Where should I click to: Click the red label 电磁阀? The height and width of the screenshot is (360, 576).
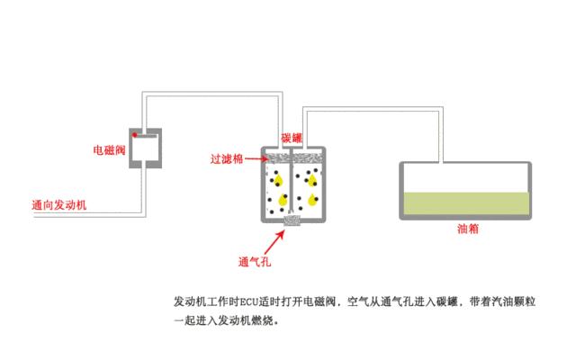pyautogui.click(x=109, y=150)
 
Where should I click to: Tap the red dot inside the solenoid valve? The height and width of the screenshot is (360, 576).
pyautogui.click(x=135, y=135)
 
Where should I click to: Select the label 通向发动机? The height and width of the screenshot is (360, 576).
pyautogui.click(x=59, y=205)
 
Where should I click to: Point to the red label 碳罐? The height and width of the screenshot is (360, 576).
pyautogui.click(x=292, y=138)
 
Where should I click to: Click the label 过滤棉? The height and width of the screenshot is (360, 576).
pyautogui.click(x=227, y=159)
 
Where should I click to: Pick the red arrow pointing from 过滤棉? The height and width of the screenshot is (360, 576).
pyautogui.click(x=256, y=159)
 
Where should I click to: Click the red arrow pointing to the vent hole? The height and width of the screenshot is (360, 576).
pyautogui.click(x=274, y=242)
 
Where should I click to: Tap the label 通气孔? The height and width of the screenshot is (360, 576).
pyautogui.click(x=255, y=262)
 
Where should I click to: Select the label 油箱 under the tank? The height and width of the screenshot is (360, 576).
pyautogui.click(x=468, y=229)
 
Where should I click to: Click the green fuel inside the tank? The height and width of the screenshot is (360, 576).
pyautogui.click(x=466, y=203)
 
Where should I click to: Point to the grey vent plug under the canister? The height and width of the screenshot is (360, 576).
pyautogui.click(x=292, y=220)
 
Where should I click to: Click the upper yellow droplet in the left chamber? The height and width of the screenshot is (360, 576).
pyautogui.click(x=278, y=180)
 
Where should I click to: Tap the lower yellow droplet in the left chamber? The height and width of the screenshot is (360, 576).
pyautogui.click(x=283, y=200)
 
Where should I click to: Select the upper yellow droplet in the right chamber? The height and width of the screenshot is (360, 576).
pyautogui.click(x=312, y=180)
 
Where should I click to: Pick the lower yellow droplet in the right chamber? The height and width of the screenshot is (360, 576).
pyautogui.click(x=312, y=200)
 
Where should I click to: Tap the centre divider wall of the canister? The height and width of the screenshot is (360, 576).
pyautogui.click(x=291, y=180)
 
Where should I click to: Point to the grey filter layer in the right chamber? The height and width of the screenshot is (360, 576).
pyautogui.click(x=308, y=158)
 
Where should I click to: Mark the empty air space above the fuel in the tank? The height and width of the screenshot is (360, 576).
pyautogui.click(x=466, y=178)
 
